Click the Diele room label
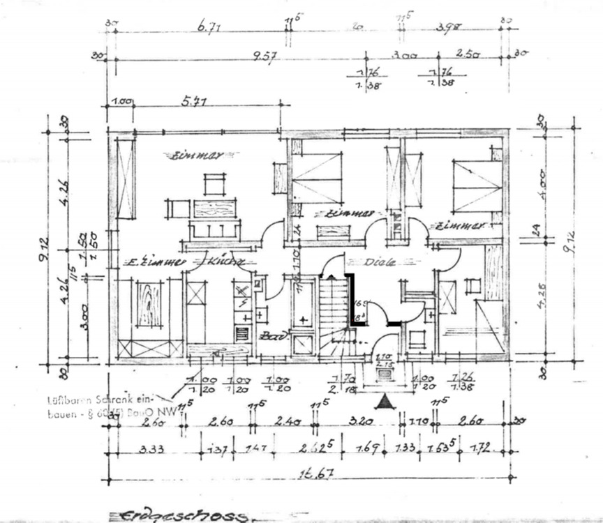click(x=380, y=263)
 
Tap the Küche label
click(x=225, y=263)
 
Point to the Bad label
click(x=269, y=336)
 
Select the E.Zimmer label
click(x=154, y=263)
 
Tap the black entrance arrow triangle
click(x=383, y=402)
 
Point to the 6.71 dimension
click(x=209, y=27)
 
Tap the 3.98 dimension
click(x=447, y=27)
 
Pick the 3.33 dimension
click(x=152, y=450)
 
